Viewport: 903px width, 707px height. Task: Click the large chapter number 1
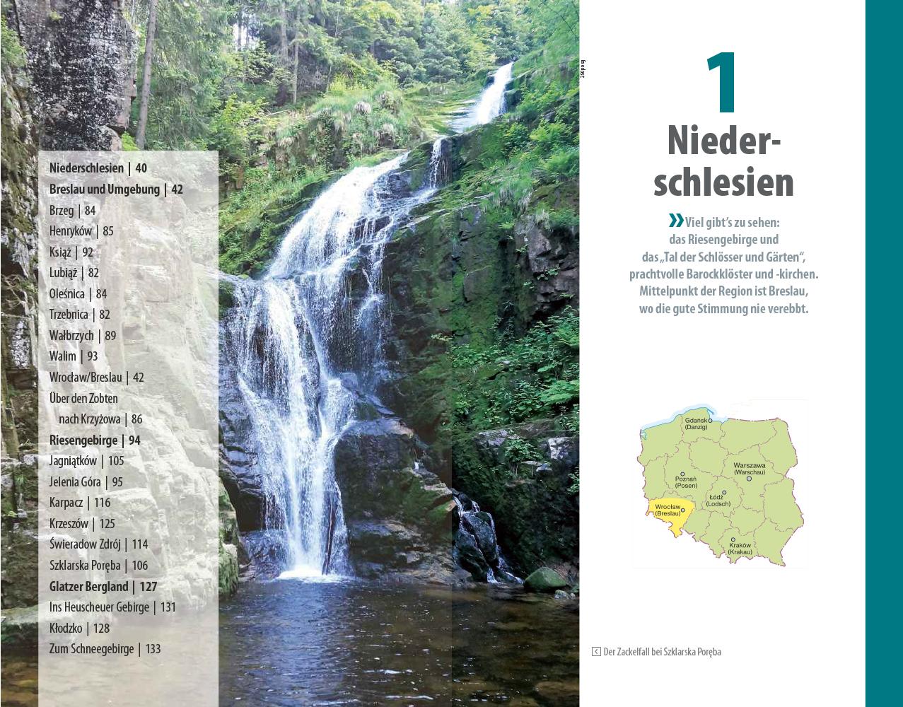(723, 83)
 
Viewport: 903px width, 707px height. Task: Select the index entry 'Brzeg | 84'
(72, 210)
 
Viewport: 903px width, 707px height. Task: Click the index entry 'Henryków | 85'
(81, 231)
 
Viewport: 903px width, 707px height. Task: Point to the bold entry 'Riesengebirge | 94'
(95, 440)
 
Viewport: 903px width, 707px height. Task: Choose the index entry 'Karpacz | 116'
(80, 503)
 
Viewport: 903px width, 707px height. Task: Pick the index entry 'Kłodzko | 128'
(79, 628)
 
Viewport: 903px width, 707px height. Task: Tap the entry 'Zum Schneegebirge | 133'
(105, 649)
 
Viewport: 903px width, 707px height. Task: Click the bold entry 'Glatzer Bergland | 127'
(103, 586)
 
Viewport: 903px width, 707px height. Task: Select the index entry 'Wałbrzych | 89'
(83, 336)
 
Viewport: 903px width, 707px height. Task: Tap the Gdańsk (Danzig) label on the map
(696, 423)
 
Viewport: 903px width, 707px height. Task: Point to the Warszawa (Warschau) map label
(749, 468)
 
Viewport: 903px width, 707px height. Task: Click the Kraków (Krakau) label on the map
(740, 548)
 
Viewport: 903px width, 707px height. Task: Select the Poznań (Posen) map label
(685, 482)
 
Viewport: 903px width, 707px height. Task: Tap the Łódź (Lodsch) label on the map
(717, 500)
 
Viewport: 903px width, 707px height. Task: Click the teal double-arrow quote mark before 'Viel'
(676, 220)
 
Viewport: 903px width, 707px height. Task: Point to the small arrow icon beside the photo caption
(596, 652)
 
